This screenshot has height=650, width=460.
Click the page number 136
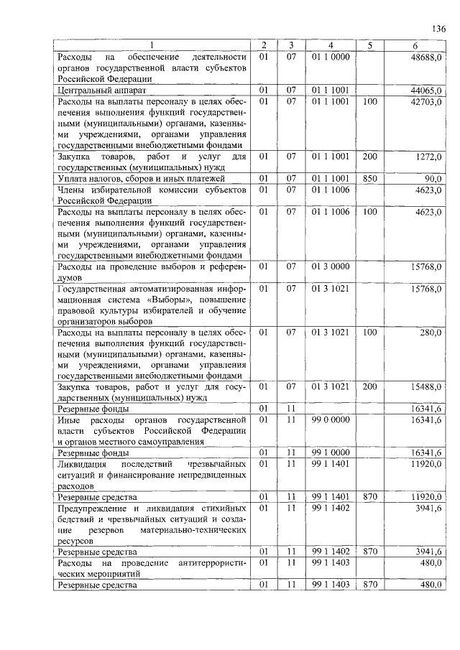[438, 29]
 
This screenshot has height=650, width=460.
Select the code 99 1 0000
[331, 452]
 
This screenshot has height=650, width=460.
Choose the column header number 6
[415, 46]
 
